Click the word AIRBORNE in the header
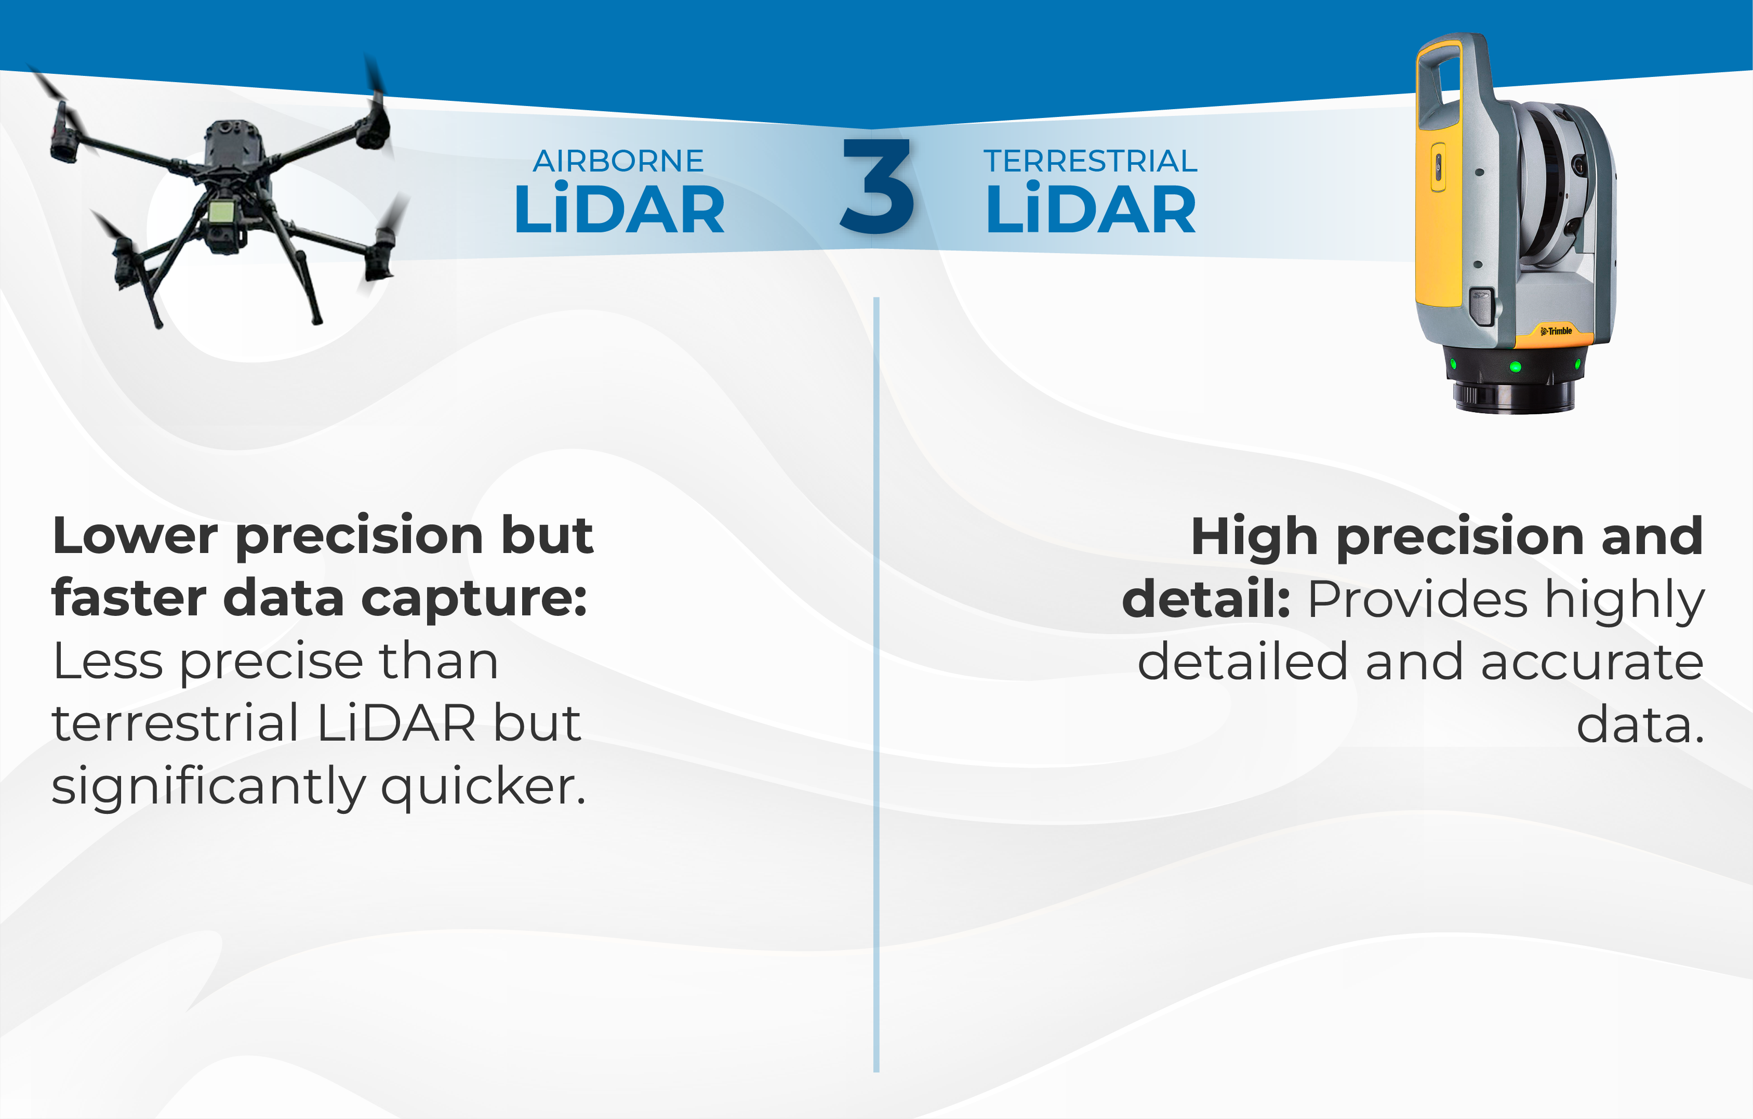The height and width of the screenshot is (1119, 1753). coord(618,161)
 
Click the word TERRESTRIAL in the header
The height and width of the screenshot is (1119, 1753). coord(1090,161)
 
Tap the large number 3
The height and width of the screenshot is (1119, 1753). coord(877,187)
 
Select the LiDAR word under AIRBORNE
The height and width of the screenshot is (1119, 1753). coord(619,210)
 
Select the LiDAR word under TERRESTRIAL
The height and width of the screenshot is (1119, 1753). coord(1091,210)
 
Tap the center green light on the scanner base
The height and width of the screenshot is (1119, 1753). coord(1516,366)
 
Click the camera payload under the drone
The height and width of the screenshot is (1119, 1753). coord(221,218)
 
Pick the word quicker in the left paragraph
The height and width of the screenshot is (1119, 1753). coord(483,787)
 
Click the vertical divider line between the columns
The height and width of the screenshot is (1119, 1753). coord(877,684)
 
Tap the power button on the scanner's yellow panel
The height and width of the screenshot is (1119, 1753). coord(1439,167)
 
